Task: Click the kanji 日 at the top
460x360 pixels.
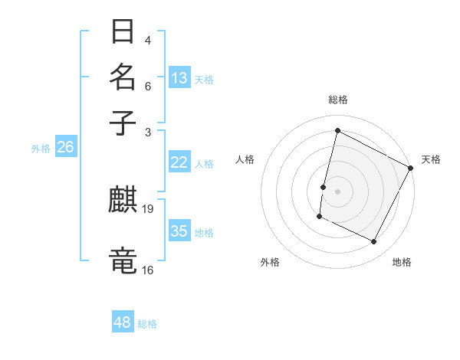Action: point(123,32)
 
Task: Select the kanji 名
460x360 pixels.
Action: point(123,77)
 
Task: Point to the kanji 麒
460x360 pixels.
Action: point(123,201)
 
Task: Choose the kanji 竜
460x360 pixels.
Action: point(123,260)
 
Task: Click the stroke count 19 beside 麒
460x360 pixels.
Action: point(149,209)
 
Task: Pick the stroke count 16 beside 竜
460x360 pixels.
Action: point(148,270)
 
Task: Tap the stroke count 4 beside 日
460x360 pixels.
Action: point(147,40)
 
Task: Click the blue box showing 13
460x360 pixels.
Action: point(179,77)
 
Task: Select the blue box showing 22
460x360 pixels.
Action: point(179,162)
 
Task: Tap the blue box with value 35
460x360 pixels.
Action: point(179,231)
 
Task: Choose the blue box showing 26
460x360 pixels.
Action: point(65,148)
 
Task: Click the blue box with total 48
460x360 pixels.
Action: point(123,322)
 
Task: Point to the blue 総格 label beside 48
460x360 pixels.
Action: point(147,324)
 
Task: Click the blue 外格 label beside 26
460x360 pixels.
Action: point(41,149)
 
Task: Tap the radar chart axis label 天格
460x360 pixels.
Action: point(431,159)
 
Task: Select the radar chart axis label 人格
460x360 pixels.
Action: point(245,159)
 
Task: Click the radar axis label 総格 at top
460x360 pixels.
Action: point(337,100)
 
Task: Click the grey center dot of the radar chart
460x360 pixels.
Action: point(337,190)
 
